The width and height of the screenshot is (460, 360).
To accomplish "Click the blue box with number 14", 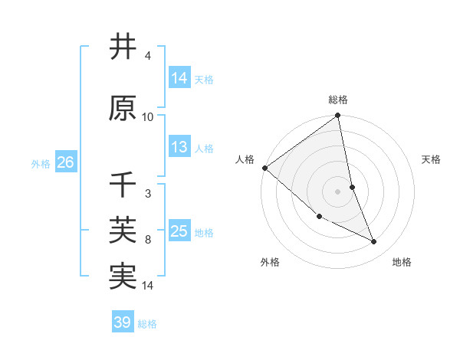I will click(x=179, y=78).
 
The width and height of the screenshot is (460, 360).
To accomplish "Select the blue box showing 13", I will click(x=179, y=147).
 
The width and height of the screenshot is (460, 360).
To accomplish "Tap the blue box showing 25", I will click(x=179, y=231).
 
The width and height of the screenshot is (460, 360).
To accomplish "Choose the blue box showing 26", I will click(x=65, y=162).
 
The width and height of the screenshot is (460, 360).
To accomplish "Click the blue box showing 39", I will click(x=122, y=323).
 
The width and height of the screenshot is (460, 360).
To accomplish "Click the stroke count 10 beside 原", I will click(x=148, y=116).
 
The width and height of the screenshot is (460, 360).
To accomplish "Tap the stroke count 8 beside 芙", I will click(x=147, y=240).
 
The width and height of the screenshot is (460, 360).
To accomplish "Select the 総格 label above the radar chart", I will click(x=338, y=100).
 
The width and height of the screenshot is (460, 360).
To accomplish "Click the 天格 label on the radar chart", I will click(x=432, y=159).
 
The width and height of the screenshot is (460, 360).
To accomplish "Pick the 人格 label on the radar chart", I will click(x=245, y=159).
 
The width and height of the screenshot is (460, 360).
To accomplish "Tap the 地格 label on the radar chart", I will click(x=402, y=262).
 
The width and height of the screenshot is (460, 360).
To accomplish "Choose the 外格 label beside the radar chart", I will click(x=270, y=262).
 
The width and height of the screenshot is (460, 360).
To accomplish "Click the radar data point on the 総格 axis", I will click(x=338, y=116).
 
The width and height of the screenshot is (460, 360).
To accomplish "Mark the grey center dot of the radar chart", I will click(x=338, y=191).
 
